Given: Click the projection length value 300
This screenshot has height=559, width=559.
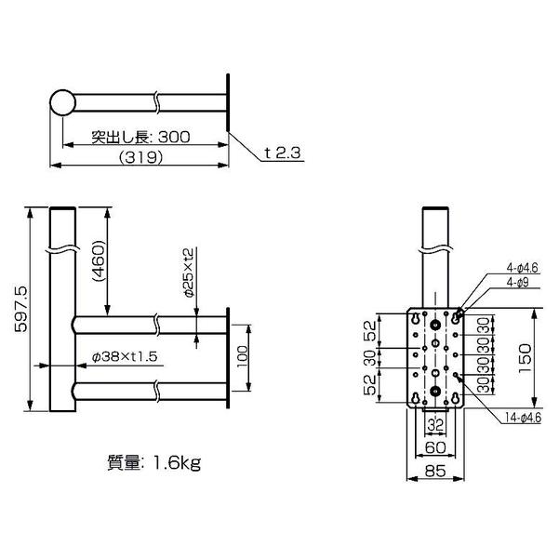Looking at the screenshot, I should click(174, 136).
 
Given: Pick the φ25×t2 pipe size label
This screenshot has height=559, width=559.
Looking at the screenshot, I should click(188, 272).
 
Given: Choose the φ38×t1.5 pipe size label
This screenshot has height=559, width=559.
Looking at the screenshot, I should click(125, 355).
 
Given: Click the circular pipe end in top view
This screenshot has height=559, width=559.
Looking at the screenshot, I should click(62, 102).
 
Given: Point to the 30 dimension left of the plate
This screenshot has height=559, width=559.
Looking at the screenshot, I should click(369, 358).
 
